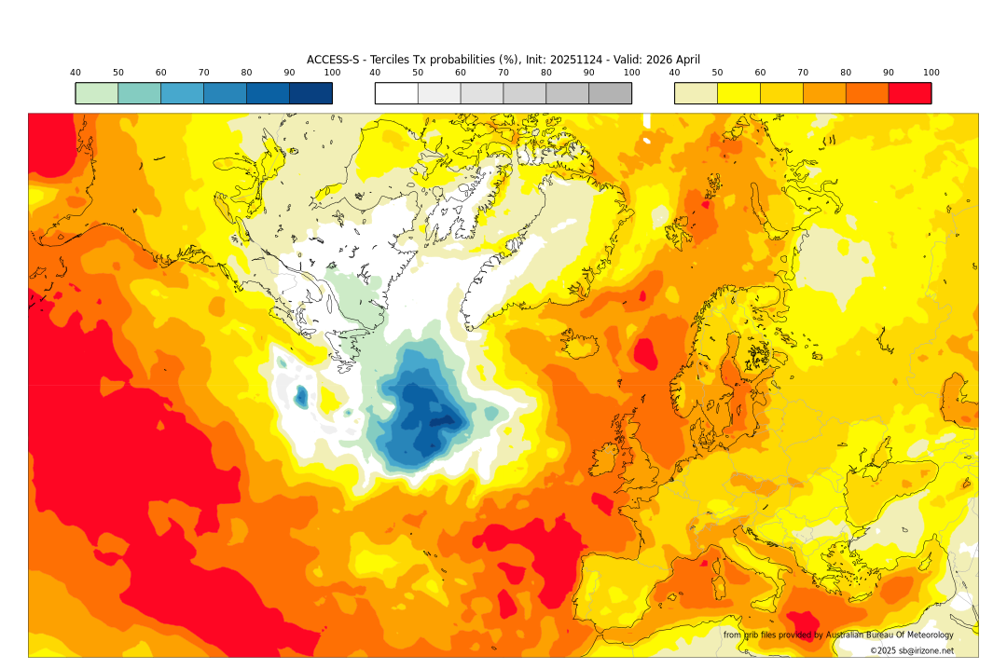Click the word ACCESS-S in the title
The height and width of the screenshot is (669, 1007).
(335, 60)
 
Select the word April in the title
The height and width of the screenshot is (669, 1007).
(683, 60)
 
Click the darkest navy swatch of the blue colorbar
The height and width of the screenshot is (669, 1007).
(310, 93)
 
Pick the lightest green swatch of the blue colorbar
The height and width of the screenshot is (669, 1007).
(97, 93)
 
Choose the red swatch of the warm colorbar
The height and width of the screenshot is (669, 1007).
(909, 93)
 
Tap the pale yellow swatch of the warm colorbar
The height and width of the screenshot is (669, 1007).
(696, 93)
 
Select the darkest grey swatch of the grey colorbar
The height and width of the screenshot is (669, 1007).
(610, 93)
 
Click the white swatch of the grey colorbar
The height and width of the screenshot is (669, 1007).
(396, 93)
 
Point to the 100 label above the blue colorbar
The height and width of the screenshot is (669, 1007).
(332, 73)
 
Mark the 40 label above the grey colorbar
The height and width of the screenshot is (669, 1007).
(375, 73)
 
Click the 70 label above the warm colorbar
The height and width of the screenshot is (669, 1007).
(803, 73)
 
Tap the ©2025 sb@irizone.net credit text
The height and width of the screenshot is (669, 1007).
(911, 650)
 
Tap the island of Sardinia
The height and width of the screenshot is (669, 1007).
(719, 586)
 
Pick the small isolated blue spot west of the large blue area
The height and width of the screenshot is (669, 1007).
(301, 398)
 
